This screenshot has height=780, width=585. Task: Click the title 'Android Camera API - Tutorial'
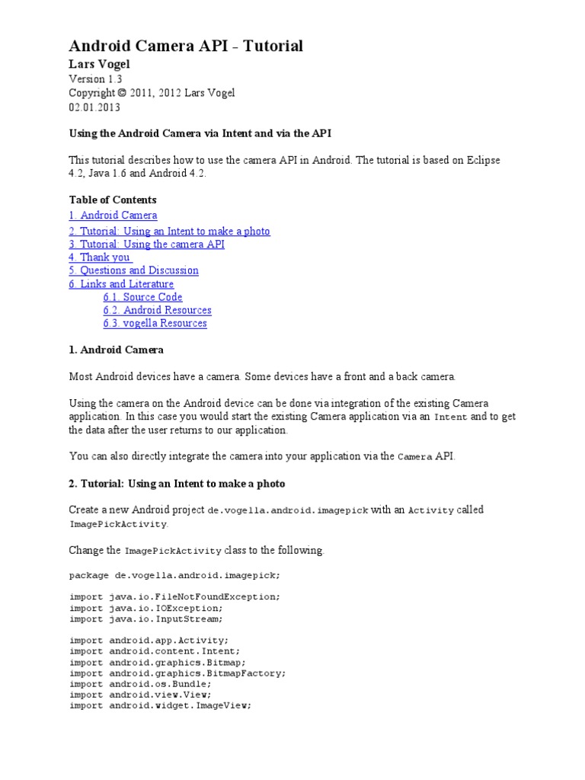tap(186, 46)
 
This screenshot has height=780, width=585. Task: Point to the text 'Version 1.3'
tap(95, 79)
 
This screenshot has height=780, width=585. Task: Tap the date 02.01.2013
tap(94, 107)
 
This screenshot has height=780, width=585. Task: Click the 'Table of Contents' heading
tap(113, 200)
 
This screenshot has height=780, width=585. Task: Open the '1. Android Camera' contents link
tap(113, 216)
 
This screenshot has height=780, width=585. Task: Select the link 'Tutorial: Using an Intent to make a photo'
tap(169, 231)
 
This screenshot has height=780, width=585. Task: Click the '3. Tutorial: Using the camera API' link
tap(146, 244)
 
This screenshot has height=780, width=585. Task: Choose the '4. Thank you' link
tap(99, 257)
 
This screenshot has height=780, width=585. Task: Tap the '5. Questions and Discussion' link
tap(133, 270)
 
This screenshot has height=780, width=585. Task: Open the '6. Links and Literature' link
tap(121, 284)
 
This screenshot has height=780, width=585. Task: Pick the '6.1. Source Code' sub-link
tap(142, 297)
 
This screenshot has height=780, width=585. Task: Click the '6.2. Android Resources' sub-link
tap(157, 310)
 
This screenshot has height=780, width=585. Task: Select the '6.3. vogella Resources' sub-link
tap(155, 323)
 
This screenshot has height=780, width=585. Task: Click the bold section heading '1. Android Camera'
tap(116, 350)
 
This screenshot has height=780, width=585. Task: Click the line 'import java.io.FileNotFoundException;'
tap(174, 596)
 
